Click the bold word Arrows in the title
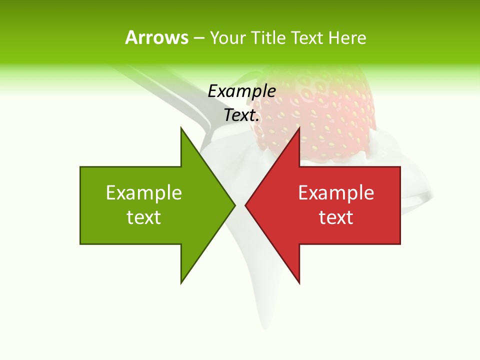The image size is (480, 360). pos(156,37)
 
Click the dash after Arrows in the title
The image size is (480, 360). pos(198,38)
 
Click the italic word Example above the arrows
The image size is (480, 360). pos(242,91)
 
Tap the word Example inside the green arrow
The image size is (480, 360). pos(144,193)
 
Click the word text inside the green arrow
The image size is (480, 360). pos(144,217)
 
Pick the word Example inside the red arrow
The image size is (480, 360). pos(336,193)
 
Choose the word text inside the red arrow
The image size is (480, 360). pos(336,217)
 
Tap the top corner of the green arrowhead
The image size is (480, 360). pos(181,128)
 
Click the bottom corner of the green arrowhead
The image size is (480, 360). pos(181,282)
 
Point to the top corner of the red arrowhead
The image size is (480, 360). pos(299,128)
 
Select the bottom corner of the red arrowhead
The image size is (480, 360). pos(299,282)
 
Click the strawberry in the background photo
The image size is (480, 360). pos(325,115)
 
